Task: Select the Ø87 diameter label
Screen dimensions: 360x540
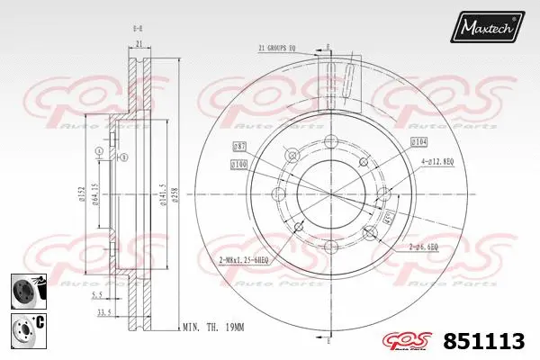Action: (x=240, y=145)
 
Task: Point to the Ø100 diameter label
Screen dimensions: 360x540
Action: (x=238, y=165)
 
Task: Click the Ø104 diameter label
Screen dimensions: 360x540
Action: (x=418, y=143)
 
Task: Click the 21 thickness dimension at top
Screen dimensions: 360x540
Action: (x=139, y=43)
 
